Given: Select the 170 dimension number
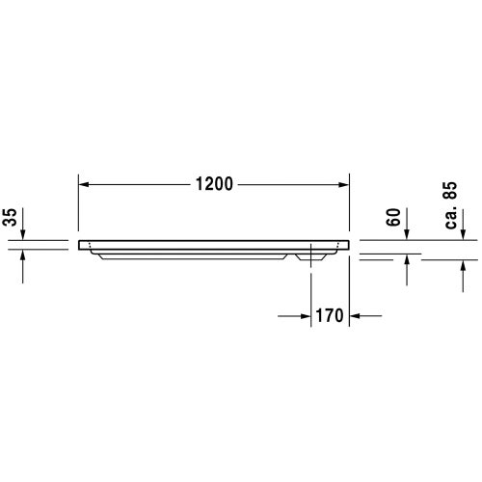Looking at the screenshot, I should point(330,314).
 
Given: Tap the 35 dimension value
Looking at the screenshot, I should point(11,218).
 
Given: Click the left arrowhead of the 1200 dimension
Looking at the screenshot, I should point(83,184).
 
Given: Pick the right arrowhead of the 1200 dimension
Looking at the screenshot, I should point(343,184).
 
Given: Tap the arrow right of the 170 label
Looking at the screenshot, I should point(356,314).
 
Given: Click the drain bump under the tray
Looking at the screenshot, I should point(313,256).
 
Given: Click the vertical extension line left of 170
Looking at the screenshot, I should point(311,289).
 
